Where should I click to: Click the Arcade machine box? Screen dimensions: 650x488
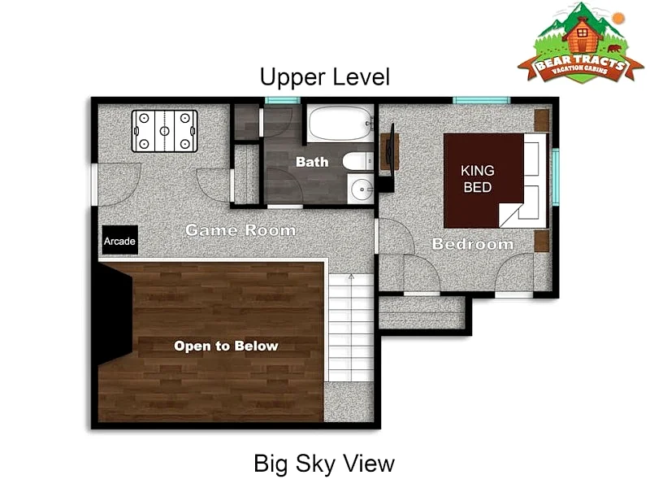[x=119, y=240]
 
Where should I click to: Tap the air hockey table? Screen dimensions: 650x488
[x=165, y=131]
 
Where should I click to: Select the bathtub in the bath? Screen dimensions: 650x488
[x=340, y=124]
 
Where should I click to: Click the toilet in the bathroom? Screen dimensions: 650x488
[x=357, y=161]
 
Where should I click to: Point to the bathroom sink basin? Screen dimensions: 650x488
[x=362, y=190]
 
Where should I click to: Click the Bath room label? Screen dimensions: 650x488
[x=312, y=161]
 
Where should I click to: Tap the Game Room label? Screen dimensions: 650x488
[x=240, y=229]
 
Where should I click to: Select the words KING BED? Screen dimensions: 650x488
[x=478, y=179]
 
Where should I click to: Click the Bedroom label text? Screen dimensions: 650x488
[x=473, y=243]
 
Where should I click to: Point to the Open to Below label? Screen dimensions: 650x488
[x=226, y=346]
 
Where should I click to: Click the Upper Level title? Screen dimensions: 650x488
[x=324, y=77]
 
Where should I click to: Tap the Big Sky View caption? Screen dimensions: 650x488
[x=324, y=464]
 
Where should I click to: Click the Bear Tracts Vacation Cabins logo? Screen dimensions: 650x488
[x=580, y=43]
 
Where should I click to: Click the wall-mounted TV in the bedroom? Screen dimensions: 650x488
[x=390, y=150]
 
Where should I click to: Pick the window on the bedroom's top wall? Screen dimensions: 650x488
[x=481, y=100]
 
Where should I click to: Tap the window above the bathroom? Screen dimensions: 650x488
[x=282, y=100]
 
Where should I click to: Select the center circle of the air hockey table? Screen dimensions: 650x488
[x=165, y=131]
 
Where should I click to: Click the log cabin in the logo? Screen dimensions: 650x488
[x=582, y=34]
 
